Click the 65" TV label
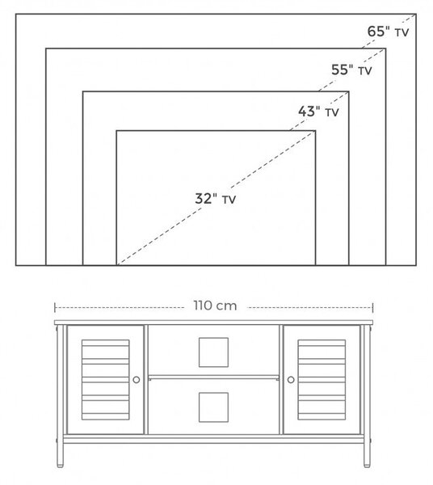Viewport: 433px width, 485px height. click(388, 32)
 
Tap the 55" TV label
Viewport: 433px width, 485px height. click(351, 70)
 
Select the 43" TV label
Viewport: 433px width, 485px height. click(318, 112)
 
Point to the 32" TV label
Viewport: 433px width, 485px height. click(216, 199)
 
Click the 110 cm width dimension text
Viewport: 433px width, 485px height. click(216, 306)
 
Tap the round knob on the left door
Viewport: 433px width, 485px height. click(137, 380)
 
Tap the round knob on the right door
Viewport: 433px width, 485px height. click(291, 380)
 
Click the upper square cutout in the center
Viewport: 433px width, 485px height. click(213, 352)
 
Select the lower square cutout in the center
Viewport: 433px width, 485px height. click(213, 407)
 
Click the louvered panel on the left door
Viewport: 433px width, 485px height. click(105, 380)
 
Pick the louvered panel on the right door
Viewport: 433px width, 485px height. click(322, 380)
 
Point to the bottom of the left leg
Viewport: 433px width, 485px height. click(61, 465)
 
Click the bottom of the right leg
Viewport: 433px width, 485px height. click(367, 465)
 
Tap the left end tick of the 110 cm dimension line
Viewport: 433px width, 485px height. click(55, 308)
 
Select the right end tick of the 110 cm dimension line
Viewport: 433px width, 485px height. click(372, 308)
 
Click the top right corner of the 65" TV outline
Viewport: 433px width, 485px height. click(416, 14)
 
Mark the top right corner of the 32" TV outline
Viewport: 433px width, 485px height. click(315, 131)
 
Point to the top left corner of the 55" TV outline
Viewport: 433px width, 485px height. click(46, 48)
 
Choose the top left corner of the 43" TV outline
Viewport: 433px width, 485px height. click(83, 91)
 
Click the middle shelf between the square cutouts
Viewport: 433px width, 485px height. click(213, 377)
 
